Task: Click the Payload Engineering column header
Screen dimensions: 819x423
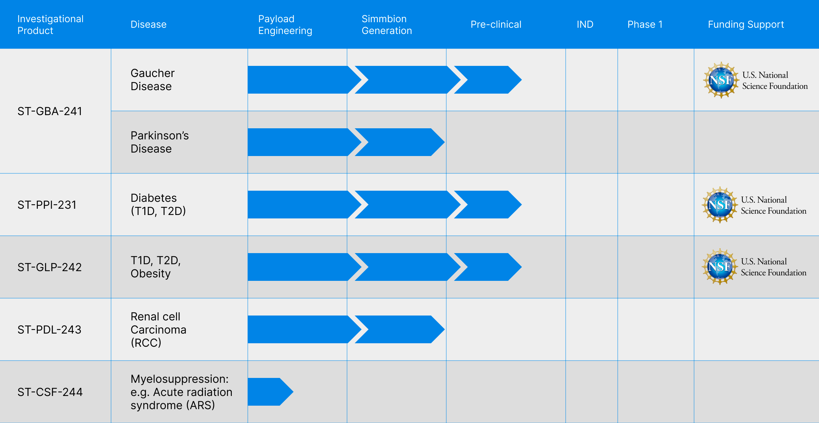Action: (x=285, y=25)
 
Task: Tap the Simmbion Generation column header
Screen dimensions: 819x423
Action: (x=387, y=25)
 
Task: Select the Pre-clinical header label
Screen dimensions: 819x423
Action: (x=496, y=24)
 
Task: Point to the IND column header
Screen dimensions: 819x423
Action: (x=585, y=24)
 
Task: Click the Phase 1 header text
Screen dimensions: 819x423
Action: (x=645, y=24)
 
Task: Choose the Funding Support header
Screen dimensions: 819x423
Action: (x=746, y=24)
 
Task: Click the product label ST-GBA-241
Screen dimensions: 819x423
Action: (x=50, y=111)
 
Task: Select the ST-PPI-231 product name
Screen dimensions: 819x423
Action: (x=47, y=205)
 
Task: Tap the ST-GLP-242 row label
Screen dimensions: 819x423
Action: (x=50, y=267)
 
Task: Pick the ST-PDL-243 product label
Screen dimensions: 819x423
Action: (x=49, y=329)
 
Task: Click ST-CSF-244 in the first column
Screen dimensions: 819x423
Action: (x=50, y=392)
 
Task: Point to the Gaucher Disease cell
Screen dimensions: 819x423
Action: (x=152, y=80)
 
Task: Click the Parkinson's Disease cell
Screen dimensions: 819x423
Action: (x=160, y=142)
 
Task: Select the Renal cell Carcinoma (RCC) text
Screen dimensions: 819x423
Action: (x=158, y=329)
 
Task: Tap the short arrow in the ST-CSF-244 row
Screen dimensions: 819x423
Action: (x=270, y=392)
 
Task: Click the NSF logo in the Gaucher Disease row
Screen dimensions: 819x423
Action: (x=721, y=80)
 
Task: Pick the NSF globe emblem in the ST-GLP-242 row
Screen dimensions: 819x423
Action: (x=720, y=267)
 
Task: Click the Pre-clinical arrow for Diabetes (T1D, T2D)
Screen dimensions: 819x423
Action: (x=488, y=205)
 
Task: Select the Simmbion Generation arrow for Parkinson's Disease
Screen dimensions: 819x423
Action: (x=399, y=142)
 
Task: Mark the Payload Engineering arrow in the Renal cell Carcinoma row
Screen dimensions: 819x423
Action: (x=304, y=329)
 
